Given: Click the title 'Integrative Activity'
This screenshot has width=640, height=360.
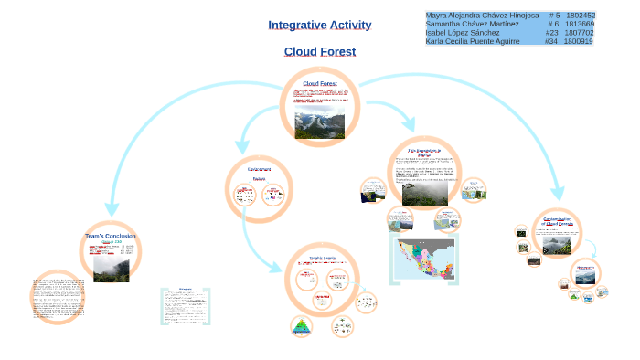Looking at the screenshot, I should pyautogui.click(x=319, y=25).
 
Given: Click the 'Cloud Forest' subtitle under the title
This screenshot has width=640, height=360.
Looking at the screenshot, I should pyautogui.click(x=319, y=51).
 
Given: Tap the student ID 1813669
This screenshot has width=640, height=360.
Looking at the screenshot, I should pyautogui.click(x=580, y=24).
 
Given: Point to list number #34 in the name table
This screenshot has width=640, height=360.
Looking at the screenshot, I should pyautogui.click(x=550, y=41).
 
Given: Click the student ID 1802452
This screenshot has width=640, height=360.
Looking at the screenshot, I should pyautogui.click(x=580, y=16).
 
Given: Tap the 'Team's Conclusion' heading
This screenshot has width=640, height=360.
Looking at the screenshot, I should pyautogui.click(x=110, y=236).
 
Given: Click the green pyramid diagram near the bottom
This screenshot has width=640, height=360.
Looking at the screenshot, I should pyautogui.click(x=301, y=326).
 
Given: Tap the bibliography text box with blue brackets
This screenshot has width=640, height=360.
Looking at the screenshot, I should pyautogui.click(x=186, y=307).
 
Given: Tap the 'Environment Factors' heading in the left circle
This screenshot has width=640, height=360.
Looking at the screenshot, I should pyautogui.click(x=259, y=174).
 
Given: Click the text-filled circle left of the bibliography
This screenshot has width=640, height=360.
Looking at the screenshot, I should pyautogui.click(x=58, y=297).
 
